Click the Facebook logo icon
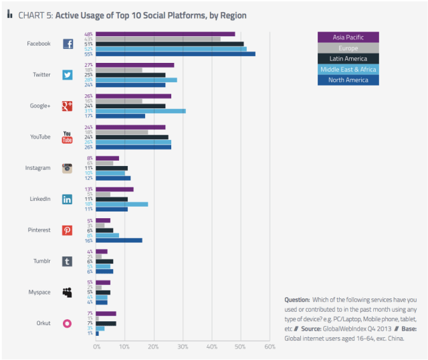tap(68, 44)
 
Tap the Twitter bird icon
tap(68, 75)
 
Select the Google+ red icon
tap(68, 106)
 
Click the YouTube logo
tap(68, 137)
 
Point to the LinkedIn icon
tap(68, 199)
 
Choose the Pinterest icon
tap(68, 230)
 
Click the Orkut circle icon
tap(68, 323)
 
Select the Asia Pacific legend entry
tap(348, 37)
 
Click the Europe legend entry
tap(348, 48)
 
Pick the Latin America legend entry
tap(348, 59)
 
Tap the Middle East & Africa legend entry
tap(348, 70)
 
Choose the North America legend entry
tap(348, 80)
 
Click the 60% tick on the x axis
tap(270, 347)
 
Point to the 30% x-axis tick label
tap(183, 347)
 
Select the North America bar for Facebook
tap(175, 54)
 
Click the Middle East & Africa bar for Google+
tap(140, 111)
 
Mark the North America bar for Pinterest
tap(119, 240)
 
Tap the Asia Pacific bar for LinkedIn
tap(114, 189)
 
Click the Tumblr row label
tap(41, 261)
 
